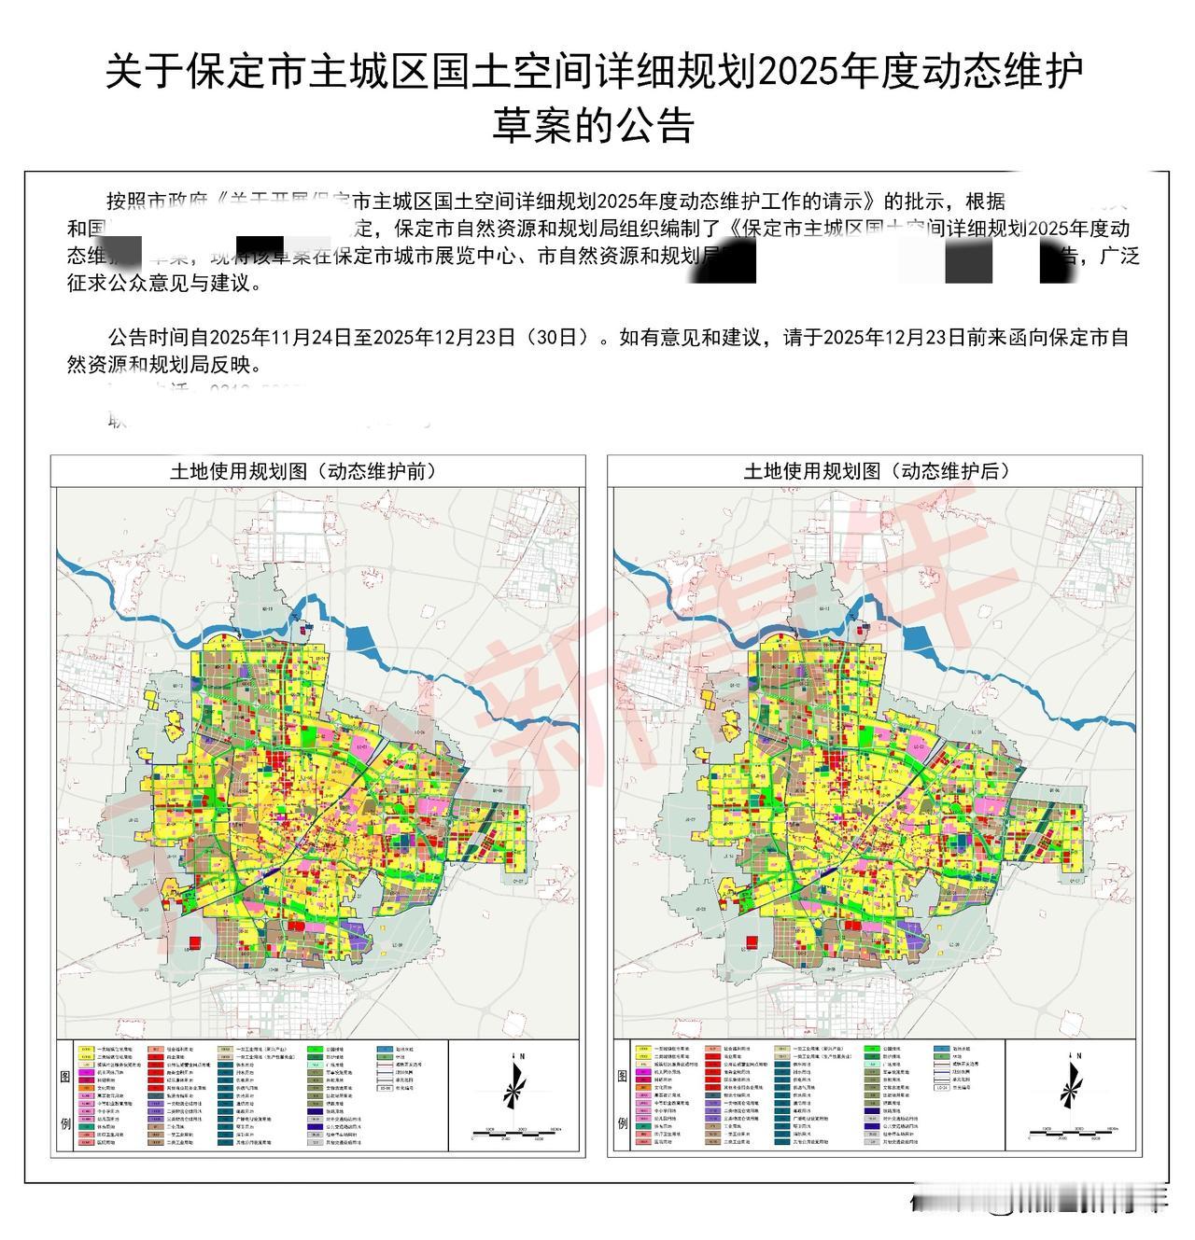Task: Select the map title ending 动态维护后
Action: (x=877, y=471)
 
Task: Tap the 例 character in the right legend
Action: (x=624, y=1122)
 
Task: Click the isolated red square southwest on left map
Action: (x=195, y=942)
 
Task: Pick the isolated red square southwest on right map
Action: (x=752, y=942)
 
